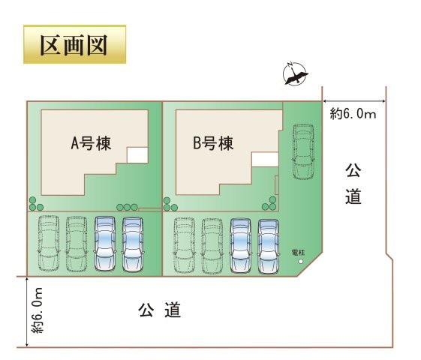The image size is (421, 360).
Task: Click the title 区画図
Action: (74, 44)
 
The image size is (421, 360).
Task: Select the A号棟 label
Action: (91, 143)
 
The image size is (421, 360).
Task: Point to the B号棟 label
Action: (213, 143)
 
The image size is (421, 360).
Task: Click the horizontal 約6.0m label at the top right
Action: (353, 113)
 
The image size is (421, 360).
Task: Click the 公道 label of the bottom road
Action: (161, 309)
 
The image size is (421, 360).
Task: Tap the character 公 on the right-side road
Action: (353, 170)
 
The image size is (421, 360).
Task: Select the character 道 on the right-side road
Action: (353, 197)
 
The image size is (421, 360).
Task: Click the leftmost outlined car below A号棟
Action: (47, 244)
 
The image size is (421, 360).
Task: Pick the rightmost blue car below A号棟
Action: (133, 244)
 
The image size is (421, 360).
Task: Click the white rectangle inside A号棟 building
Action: (137, 155)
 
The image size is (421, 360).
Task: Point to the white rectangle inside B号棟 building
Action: (265, 159)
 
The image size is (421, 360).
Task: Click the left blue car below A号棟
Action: (105, 244)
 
